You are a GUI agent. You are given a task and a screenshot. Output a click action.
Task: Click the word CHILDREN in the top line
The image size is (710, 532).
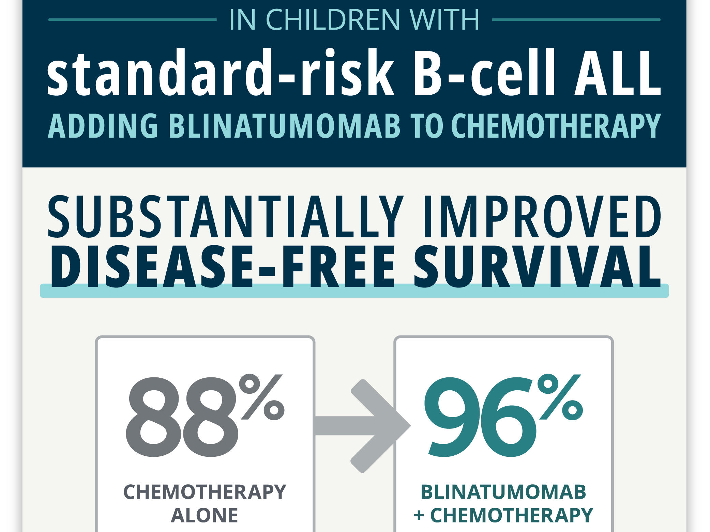click(332, 20)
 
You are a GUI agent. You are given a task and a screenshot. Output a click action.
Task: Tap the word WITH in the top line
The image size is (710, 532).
click(445, 20)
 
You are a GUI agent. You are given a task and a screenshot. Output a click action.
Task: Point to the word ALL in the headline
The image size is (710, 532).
click(617, 73)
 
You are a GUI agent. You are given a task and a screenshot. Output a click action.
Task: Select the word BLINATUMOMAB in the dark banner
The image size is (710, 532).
click(285, 126)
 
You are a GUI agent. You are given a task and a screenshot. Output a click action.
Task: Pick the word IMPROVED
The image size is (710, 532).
click(542, 217)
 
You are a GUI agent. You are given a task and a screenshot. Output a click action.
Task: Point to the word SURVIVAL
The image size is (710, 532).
click(538, 266)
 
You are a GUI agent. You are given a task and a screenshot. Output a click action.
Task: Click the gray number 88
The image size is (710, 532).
click(182, 417)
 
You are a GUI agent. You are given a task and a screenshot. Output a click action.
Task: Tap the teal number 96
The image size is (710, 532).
click(480, 417)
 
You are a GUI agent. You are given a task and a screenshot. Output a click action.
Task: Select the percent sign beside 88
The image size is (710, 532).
click(262, 397)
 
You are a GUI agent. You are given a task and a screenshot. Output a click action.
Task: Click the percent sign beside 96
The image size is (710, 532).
click(560, 397)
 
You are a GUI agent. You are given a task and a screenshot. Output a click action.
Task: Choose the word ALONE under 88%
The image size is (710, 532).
click(204, 515)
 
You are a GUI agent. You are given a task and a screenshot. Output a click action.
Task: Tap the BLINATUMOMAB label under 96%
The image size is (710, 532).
click(503, 492)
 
